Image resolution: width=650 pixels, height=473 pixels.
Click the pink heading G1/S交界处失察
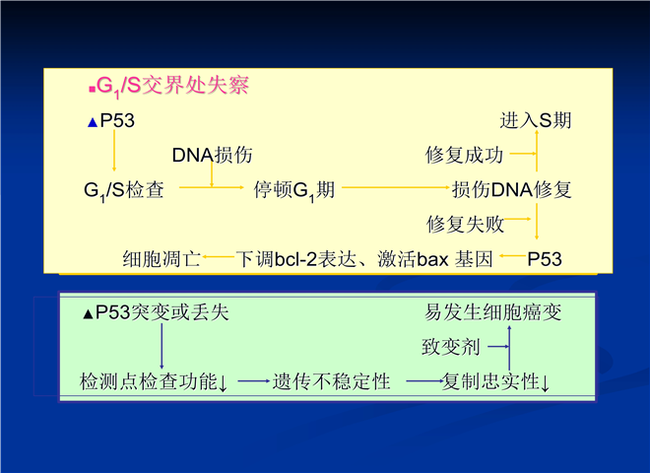[172, 87]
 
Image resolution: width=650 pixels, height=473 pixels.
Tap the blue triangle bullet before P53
[93, 123]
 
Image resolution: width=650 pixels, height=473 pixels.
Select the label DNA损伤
[212, 155]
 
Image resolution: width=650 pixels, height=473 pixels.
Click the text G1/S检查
[123, 190]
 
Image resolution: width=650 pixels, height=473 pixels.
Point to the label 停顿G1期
[293, 190]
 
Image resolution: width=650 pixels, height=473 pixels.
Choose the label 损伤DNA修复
[511, 190]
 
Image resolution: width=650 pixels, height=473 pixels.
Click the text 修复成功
[464, 155]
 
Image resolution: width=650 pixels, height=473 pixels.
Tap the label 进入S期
[536, 121]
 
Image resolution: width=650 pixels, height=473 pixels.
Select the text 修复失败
[465, 225]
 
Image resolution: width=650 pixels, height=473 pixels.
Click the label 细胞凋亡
[162, 259]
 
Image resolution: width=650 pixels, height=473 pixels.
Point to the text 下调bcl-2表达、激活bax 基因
[364, 259]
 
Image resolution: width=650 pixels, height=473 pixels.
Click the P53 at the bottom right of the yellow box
[545, 259]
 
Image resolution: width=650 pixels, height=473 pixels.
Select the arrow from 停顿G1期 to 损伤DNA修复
[396, 187]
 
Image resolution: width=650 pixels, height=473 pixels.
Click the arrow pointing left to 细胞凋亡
[219, 257]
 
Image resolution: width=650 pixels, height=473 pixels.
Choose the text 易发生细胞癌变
[492, 312]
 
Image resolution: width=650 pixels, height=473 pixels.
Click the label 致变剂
[451, 347]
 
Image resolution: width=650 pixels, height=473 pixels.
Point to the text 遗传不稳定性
[331, 381]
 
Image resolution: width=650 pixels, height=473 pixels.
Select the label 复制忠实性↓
[495, 381]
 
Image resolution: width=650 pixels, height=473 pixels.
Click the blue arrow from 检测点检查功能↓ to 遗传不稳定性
[254, 381]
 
